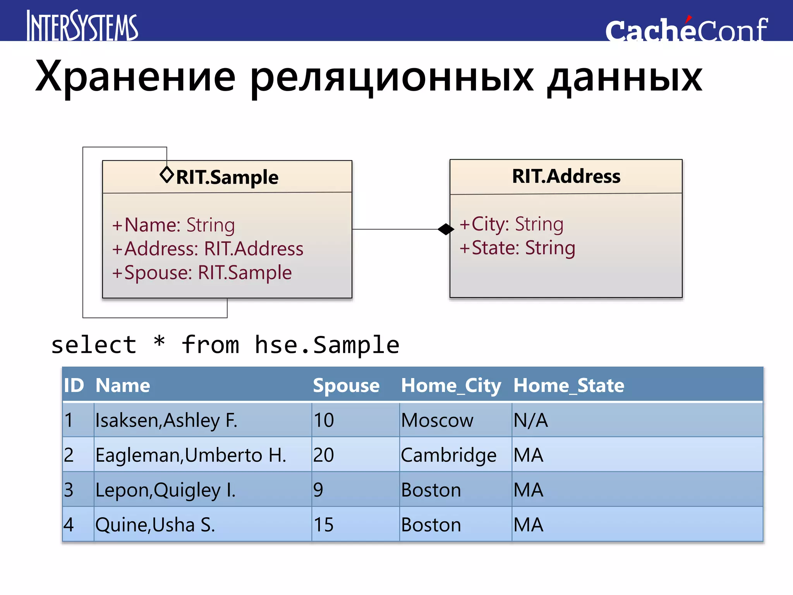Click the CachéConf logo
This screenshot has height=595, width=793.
coord(686,30)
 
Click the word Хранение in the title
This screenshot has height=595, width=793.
coord(136,77)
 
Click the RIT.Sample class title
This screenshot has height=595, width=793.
coord(227,177)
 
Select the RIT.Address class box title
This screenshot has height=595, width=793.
coord(566,176)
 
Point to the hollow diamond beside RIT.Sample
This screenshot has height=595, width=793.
coord(167,175)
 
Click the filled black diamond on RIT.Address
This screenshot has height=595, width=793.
coord(446,229)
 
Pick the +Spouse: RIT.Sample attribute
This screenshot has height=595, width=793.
coord(202,272)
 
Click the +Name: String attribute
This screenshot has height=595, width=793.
coord(173,225)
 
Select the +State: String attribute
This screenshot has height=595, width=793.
coord(517,248)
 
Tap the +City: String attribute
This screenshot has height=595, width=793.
coord(511,224)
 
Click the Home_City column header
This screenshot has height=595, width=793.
coord(451,385)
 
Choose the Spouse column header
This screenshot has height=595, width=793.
coord(346,385)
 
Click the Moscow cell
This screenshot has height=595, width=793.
coord(437,420)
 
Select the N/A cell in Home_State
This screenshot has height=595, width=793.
coord(530,420)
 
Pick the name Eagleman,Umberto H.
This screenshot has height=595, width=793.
coord(191,455)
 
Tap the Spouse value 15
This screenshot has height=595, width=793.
coord(324,525)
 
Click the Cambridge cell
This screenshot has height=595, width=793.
coord(448,455)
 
